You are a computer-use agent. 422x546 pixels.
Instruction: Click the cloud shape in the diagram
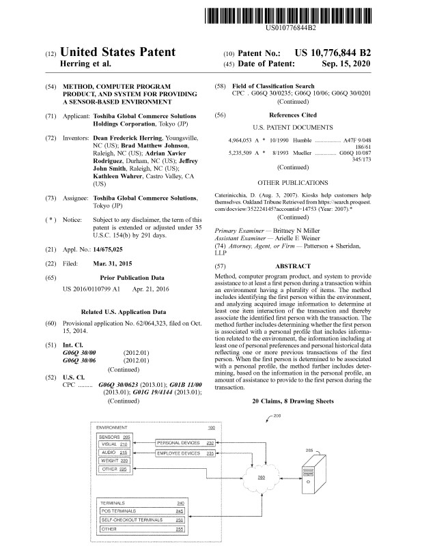click(262, 477)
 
